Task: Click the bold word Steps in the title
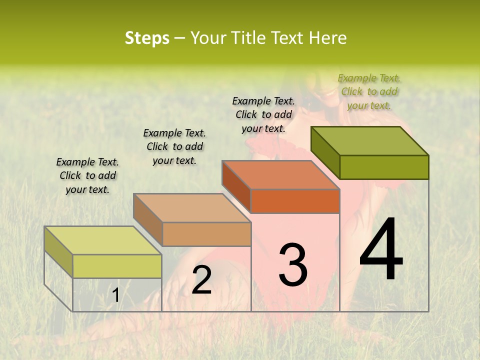tap(147, 38)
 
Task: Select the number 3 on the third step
tap(293, 264)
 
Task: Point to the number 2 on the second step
tap(201, 280)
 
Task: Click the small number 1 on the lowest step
tap(115, 295)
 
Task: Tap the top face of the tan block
tap(192, 208)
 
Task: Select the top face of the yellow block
tap(103, 240)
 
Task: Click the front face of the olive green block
tap(384, 167)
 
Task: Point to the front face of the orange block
tap(295, 201)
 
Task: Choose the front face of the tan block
tap(206, 234)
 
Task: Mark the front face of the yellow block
tap(117, 266)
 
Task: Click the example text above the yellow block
tap(87, 175)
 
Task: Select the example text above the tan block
tap(174, 146)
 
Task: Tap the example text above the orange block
tap(263, 114)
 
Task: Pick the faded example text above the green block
tap(369, 91)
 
